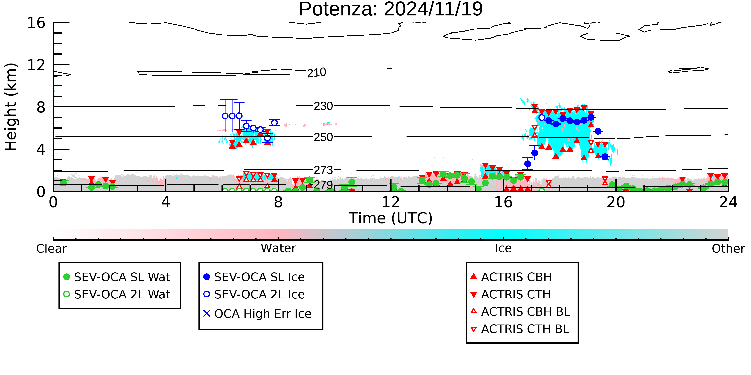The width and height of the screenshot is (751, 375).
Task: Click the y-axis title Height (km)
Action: [x=11, y=107]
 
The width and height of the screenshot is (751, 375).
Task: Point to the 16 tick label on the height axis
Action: [x=36, y=23]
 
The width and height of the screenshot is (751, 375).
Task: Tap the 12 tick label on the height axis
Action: [x=36, y=65]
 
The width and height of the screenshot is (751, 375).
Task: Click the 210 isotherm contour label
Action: [x=317, y=72]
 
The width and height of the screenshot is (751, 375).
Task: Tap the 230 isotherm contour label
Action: [x=323, y=106]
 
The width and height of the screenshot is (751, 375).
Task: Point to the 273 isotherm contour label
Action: [x=323, y=170]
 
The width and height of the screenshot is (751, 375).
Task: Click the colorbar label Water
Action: [x=278, y=248]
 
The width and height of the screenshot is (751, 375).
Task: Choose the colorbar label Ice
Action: [x=503, y=248]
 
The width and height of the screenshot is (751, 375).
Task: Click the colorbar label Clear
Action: [x=51, y=249]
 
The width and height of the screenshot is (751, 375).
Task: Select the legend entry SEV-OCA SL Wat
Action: [x=117, y=277]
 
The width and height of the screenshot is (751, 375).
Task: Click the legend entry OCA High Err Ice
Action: [x=257, y=314]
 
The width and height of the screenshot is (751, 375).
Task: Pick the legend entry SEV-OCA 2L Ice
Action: [x=254, y=294]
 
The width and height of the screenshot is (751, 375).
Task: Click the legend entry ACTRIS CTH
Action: [x=510, y=294]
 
